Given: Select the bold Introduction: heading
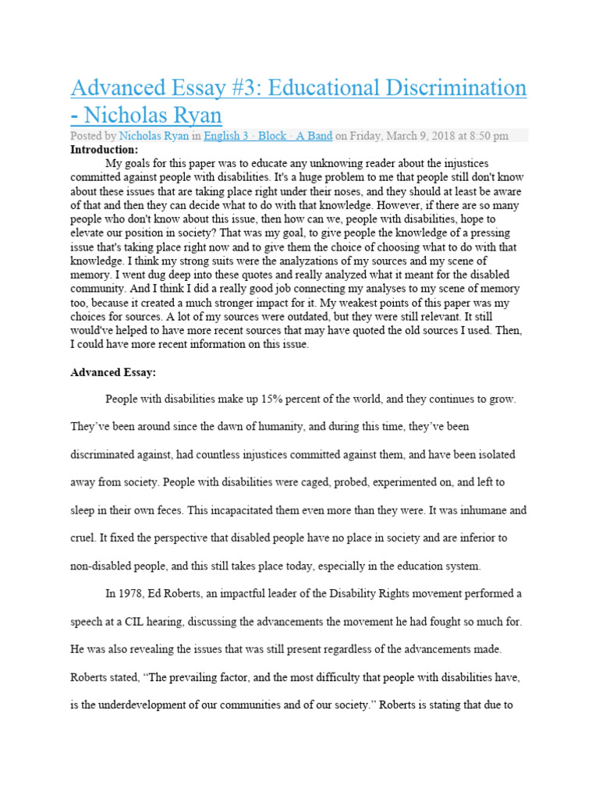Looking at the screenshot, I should click(x=104, y=149).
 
